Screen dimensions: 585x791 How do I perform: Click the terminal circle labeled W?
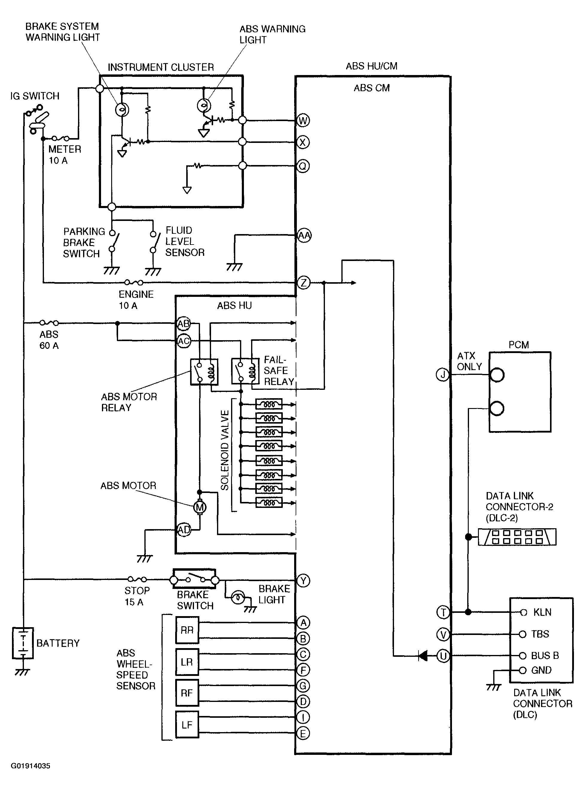click(x=303, y=120)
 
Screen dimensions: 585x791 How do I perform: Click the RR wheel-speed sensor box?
click(x=187, y=630)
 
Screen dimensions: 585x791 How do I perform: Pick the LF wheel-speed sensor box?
click(x=187, y=725)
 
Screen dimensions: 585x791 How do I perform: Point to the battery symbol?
click(x=23, y=643)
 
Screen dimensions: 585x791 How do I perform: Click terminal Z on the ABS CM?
click(x=303, y=282)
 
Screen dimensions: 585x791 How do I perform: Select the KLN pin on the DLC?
click(x=523, y=612)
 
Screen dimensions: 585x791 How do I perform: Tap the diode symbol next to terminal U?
click(x=422, y=656)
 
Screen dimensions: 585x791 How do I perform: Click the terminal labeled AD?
click(x=184, y=530)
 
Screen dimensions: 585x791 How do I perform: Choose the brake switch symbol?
click(x=194, y=580)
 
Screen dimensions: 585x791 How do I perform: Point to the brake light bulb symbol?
click(x=238, y=598)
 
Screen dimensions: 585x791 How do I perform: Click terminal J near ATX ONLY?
click(x=443, y=375)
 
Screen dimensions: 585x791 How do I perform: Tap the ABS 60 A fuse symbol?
click(x=49, y=323)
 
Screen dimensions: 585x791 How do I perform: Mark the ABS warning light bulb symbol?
click(x=204, y=105)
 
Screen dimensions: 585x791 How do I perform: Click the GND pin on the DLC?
click(x=523, y=670)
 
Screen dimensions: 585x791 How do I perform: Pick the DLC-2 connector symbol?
click(x=517, y=537)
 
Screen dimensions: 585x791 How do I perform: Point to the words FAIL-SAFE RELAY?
click(x=279, y=371)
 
